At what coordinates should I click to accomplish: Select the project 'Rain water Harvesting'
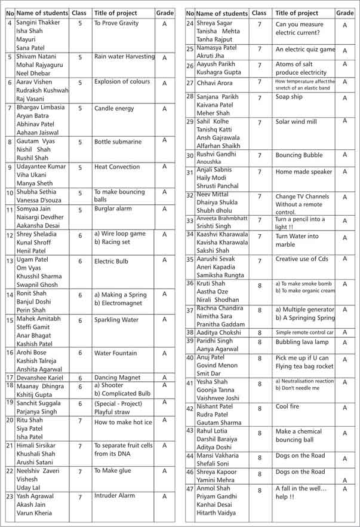(x=124, y=57)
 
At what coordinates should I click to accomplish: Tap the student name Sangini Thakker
(x=38, y=23)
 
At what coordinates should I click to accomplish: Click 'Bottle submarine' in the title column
(x=118, y=142)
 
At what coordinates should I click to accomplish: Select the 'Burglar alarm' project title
(x=113, y=209)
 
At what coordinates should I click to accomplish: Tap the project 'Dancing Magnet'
(x=118, y=378)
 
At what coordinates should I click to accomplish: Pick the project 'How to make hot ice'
(x=123, y=422)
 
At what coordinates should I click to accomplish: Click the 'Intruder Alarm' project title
(x=115, y=495)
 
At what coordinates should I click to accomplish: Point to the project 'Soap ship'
(x=289, y=97)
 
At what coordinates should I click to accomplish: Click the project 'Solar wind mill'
(x=296, y=122)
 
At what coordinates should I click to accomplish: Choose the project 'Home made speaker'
(x=304, y=172)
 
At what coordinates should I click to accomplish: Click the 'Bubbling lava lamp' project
(x=302, y=342)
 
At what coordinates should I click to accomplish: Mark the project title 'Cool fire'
(x=289, y=407)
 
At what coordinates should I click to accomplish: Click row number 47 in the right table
(x=190, y=488)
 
